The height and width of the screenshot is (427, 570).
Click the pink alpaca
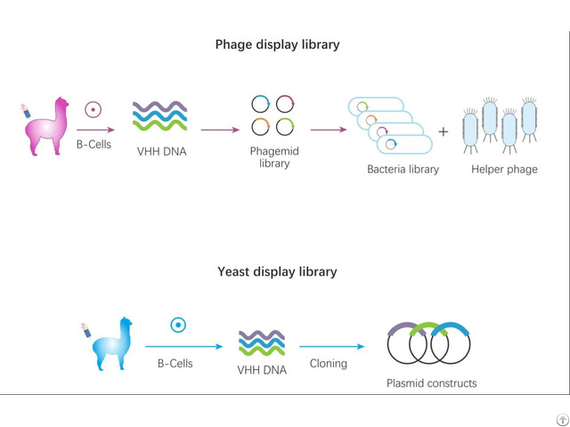(47, 127)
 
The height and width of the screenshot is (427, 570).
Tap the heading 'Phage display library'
(277, 44)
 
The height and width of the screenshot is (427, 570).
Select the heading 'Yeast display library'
(277, 271)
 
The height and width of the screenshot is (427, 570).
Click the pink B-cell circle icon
(93, 109)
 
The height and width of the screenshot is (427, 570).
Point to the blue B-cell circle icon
(178, 325)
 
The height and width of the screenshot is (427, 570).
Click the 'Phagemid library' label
(274, 157)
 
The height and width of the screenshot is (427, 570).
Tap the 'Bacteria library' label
(403, 169)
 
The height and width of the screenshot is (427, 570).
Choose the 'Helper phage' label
(504, 169)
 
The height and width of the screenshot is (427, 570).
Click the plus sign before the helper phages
(444, 132)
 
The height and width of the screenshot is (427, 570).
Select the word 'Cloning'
(329, 364)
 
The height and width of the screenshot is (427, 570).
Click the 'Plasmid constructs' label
(431, 383)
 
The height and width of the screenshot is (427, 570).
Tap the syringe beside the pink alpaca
(25, 110)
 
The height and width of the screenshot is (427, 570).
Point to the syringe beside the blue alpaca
(85, 330)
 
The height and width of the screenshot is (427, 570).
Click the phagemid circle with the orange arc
(260, 126)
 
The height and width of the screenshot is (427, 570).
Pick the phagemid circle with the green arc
(285, 126)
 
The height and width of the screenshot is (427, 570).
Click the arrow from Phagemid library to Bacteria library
(329, 130)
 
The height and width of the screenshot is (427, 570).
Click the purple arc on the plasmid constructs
(406, 327)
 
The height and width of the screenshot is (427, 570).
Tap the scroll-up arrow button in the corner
(562, 420)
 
